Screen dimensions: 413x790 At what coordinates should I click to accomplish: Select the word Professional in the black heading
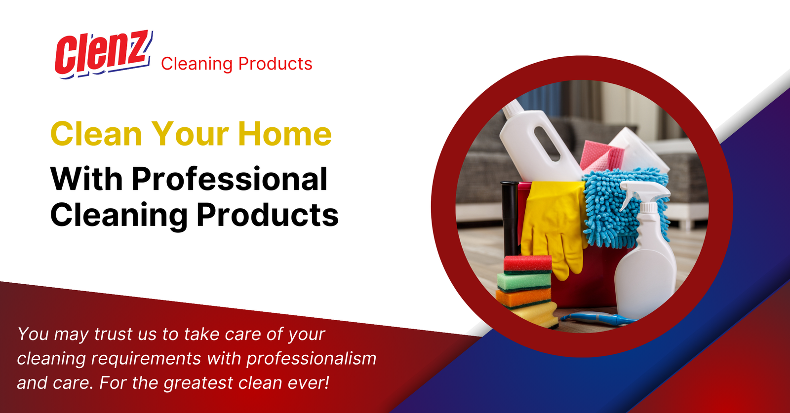click(x=229, y=179)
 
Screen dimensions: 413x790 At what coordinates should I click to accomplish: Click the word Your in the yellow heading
click(x=190, y=134)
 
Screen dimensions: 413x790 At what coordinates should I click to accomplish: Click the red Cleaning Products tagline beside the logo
click(x=237, y=64)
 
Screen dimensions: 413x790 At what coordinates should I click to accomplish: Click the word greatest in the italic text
click(x=198, y=383)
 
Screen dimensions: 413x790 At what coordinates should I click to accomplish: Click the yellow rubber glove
click(x=553, y=222)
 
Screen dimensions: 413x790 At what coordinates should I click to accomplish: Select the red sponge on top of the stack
click(x=527, y=263)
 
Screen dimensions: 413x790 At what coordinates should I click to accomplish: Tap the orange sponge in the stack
click(x=523, y=297)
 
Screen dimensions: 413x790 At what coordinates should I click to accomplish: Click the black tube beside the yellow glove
click(x=510, y=217)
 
